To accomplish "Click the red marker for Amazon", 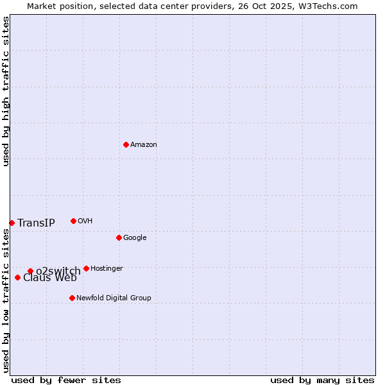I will pos(126,144).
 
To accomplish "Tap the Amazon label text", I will pos(144,145).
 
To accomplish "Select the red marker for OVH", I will pos(73,221).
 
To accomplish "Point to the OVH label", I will pos(85,221).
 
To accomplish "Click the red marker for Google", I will pos(119,237).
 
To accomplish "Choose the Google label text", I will pos(135,238).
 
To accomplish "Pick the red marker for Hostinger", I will pos(86,268).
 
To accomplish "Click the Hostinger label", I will pos(107,269).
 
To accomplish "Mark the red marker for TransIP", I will pos(12,223).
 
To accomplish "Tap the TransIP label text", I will pos(36,223).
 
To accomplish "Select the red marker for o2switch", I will pos(30,271).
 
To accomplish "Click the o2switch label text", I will pos(58,271).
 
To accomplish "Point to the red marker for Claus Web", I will pos(17,277).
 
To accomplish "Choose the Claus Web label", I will pos(50,278).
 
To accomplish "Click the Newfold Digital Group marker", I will pos(72,298).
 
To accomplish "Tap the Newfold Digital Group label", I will pos(114,298).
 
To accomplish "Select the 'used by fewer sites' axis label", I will pos(66,381).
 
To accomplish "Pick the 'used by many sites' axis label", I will pos(322,381).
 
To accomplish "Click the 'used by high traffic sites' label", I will pos(6,91).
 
